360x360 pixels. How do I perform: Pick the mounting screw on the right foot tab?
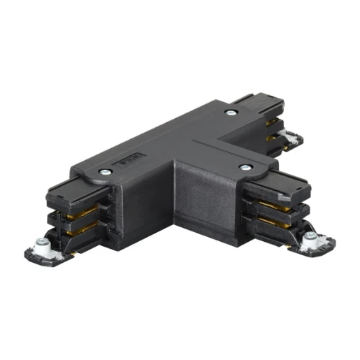click(310, 242)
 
